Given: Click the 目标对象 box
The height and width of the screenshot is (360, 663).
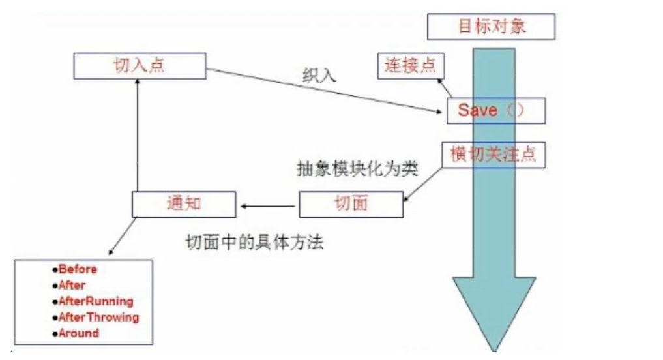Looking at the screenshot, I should (x=492, y=27).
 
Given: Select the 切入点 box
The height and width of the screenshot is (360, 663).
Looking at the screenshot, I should (x=140, y=66).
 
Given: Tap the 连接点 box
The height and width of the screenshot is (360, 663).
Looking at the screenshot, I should (x=410, y=65).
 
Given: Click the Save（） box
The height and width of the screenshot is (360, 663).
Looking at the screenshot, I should (x=495, y=110).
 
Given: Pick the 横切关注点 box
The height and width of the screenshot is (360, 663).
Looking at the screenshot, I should (x=494, y=155).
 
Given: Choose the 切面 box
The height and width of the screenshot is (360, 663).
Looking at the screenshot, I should (x=351, y=203).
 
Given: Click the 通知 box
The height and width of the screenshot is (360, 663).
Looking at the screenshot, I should (x=183, y=203).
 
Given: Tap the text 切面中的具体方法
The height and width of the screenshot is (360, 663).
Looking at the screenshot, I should (x=254, y=243).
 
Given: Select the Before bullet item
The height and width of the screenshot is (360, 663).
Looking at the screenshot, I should (x=78, y=269).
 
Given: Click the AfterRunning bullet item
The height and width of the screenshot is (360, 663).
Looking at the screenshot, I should (x=95, y=301).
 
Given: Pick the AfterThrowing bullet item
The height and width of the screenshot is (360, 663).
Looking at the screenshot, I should (x=98, y=318).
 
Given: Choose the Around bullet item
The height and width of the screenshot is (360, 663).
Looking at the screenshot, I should (x=79, y=333).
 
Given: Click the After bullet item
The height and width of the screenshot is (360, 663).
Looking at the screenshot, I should (x=72, y=285).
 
